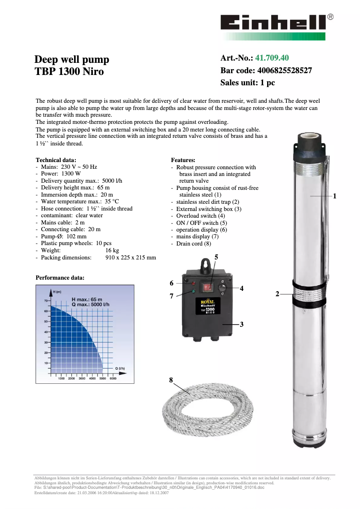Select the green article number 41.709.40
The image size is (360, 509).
coord(272,58)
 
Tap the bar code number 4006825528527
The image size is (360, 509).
coord(284,70)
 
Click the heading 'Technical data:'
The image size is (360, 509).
coord(56,160)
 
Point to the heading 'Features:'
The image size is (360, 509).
coord(183,160)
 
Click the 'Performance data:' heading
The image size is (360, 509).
coord(60,278)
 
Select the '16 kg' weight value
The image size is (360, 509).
coord(112,250)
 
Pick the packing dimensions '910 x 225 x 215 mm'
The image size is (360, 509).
coord(130,258)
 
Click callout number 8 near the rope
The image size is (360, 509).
coord(171,380)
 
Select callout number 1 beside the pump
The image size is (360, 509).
coord(334,196)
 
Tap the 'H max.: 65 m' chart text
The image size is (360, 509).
coord(87,299)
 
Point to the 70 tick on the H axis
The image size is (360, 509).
coord(45,300)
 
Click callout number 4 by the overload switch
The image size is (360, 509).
coord(241,289)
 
